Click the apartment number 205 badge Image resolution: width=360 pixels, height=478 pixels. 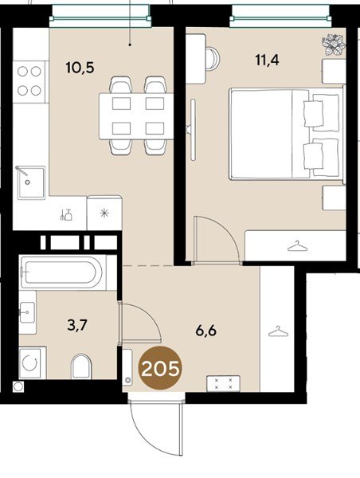pyautogui.click(x=160, y=368)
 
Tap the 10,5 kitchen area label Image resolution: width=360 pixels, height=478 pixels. pyautogui.click(x=80, y=68)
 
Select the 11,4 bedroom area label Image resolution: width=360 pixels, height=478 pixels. pyautogui.click(x=267, y=60)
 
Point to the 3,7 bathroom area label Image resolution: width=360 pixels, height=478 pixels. pyautogui.click(x=77, y=326)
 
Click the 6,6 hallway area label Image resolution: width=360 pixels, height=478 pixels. pyautogui.click(x=206, y=331)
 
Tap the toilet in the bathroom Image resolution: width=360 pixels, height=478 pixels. pyautogui.click(x=81, y=366)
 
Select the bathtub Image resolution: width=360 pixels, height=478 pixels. pyautogui.click(x=62, y=272)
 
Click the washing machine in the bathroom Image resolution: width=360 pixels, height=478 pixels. pyautogui.click(x=33, y=362)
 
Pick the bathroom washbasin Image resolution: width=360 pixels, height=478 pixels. pyautogui.click(x=27, y=312)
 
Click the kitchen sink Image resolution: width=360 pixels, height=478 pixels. pyautogui.click(x=31, y=182)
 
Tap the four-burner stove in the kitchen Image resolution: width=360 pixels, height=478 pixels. pyautogui.click(x=29, y=81)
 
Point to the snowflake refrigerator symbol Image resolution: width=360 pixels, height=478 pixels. pyautogui.click(x=104, y=213)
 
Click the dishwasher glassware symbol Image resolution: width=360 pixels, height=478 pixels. pyautogui.click(x=66, y=214)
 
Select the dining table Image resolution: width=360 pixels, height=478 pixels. pyautogui.click(x=136, y=116)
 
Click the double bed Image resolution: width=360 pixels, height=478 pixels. pyautogui.click(x=287, y=134)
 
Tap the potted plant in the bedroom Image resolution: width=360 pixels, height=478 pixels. pyautogui.click(x=334, y=45)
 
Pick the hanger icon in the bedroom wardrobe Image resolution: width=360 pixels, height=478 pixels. pyautogui.click(x=298, y=246)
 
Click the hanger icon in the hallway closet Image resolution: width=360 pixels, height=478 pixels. pyautogui.click(x=278, y=331)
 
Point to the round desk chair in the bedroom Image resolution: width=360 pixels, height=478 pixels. pyautogui.click(x=213, y=58)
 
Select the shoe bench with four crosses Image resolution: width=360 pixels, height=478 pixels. pyautogui.click(x=224, y=383)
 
